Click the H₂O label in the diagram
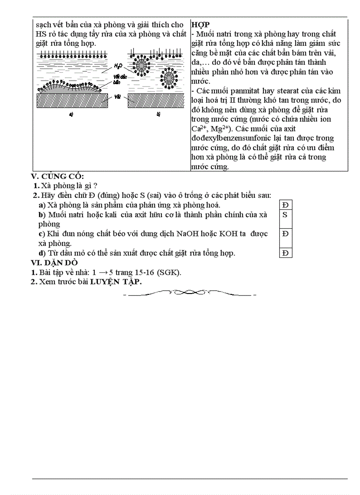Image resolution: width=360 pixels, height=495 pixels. point(118,66)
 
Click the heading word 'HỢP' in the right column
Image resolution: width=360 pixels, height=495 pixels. point(201,24)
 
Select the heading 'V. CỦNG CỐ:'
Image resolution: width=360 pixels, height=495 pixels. point(57,176)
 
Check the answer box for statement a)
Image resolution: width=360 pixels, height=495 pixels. point(285,205)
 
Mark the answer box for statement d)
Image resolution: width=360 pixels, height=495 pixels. point(285,253)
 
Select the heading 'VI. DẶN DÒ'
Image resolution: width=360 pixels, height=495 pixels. point(54,263)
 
